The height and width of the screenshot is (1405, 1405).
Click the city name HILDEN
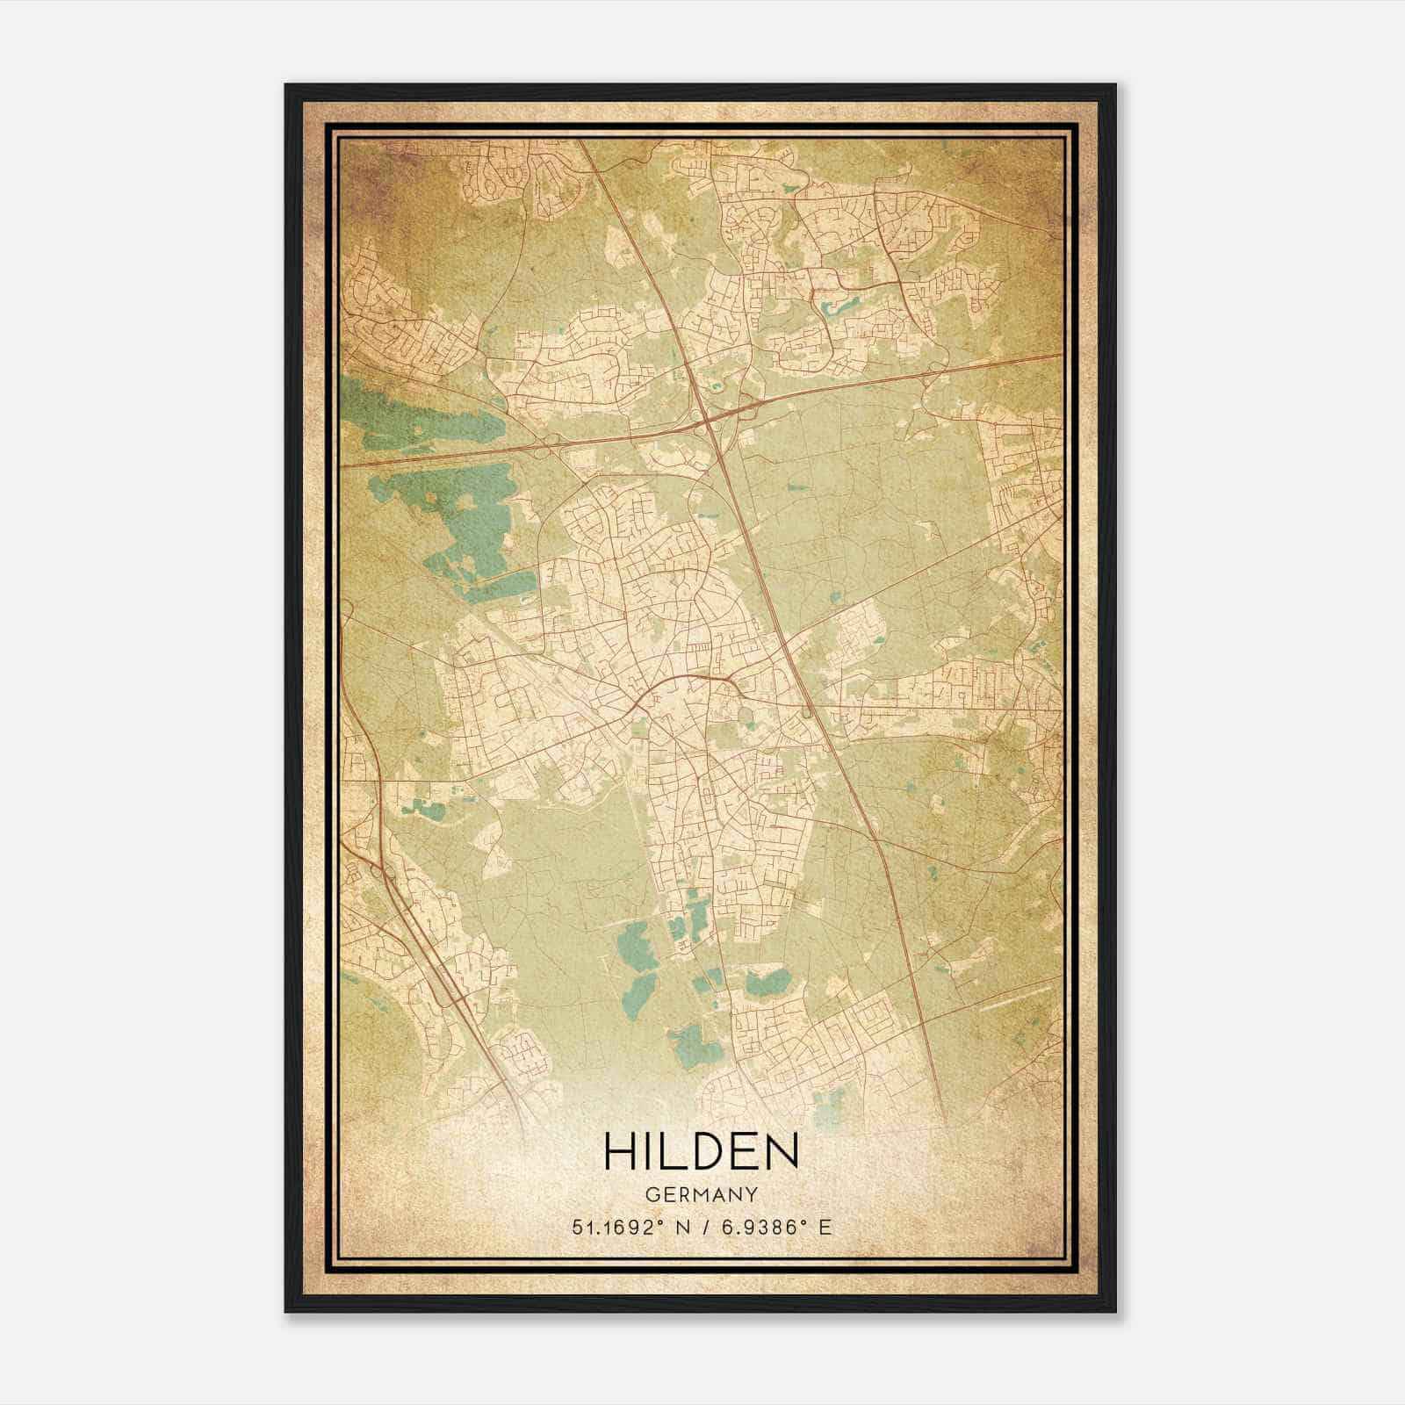pos(701,1151)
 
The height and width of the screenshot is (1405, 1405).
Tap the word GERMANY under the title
pos(701,1195)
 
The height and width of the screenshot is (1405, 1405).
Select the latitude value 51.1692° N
pos(626,1228)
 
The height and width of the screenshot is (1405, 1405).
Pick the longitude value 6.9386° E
pos(775,1228)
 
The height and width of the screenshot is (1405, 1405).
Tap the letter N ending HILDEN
pos(781,1151)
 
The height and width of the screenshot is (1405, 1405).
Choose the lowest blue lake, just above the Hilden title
pos(693,1045)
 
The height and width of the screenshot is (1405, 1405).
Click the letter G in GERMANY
pos(651,1195)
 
